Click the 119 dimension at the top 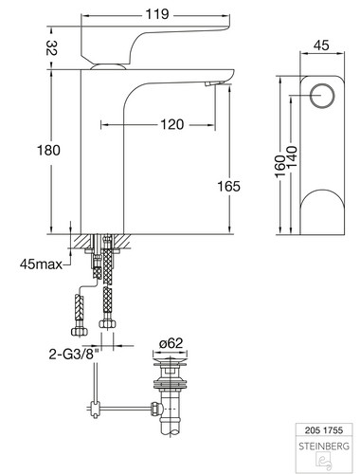(157, 14)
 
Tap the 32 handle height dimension (51, 48)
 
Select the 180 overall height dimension (48, 150)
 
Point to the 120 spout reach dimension (172, 124)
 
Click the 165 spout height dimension (228, 186)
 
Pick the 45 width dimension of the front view (321, 46)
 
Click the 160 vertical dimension (280, 167)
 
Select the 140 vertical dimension (292, 157)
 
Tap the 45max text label (41, 264)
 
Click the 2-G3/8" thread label (74, 355)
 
